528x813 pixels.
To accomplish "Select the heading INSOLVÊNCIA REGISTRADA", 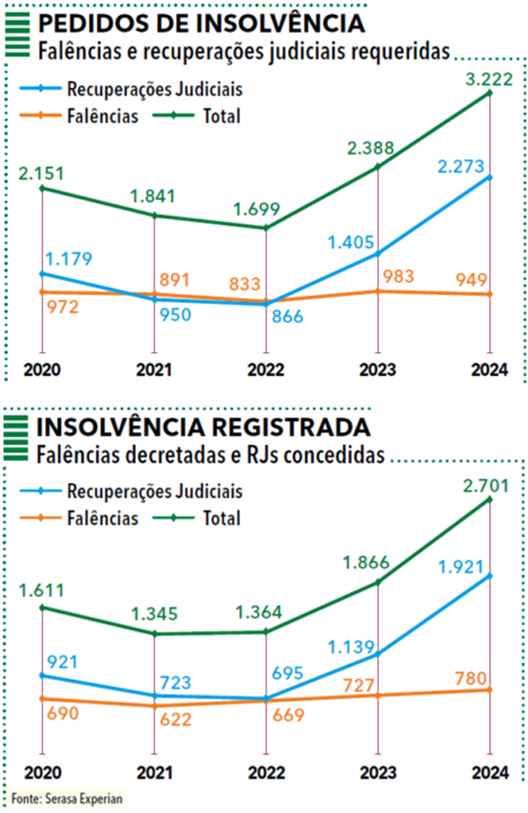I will pyautogui.click(x=203, y=427).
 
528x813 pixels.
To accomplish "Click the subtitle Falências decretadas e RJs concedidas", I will pyautogui.click(x=210, y=455).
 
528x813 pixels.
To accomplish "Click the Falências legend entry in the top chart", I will pyautogui.click(x=102, y=116).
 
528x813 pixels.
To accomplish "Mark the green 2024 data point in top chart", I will pyautogui.click(x=490, y=93).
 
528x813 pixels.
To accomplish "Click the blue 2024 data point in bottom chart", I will pyautogui.click(x=490, y=575).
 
